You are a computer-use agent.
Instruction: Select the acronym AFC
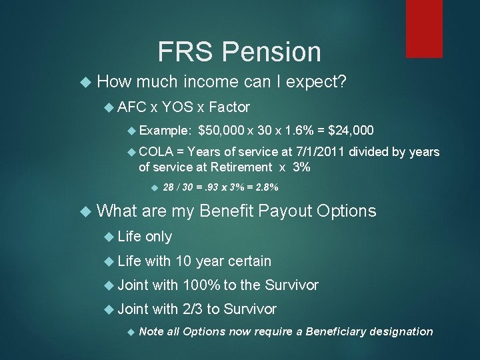pyautogui.click(x=133, y=107)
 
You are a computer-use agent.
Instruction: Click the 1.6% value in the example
pyautogui.click(x=293, y=130)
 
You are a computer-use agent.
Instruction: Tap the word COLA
pyautogui.click(x=156, y=153)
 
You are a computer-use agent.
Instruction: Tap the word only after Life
pyautogui.click(x=159, y=237)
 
